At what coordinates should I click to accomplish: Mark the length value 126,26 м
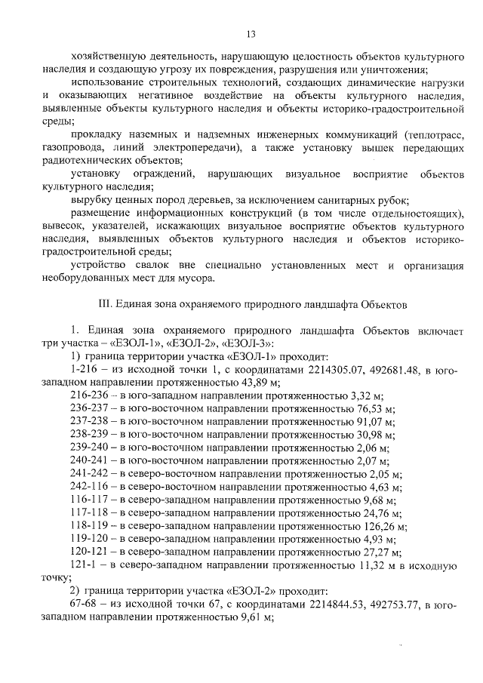[x=383, y=525]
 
